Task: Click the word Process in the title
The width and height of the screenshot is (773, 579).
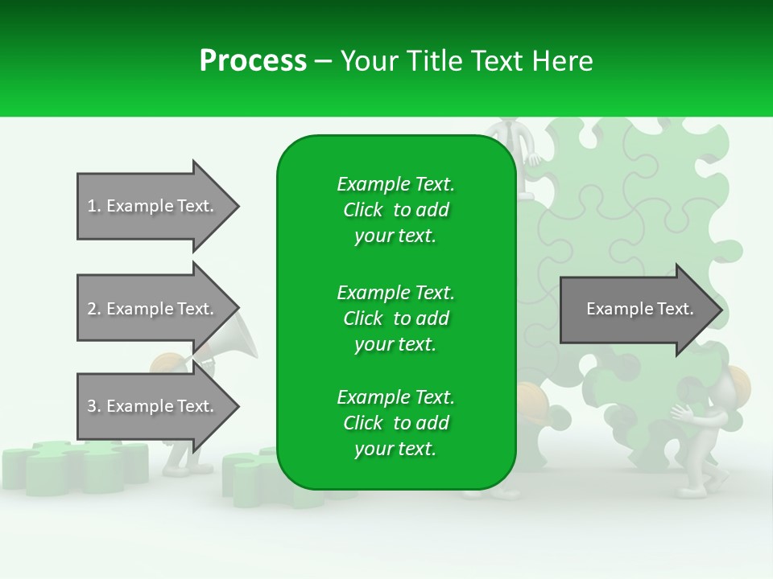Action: click(253, 61)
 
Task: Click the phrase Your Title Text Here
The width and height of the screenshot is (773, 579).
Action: click(467, 61)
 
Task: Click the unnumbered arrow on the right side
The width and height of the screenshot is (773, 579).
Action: click(636, 309)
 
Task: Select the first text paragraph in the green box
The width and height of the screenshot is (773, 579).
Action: click(395, 210)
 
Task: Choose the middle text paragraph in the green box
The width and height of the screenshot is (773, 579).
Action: click(395, 318)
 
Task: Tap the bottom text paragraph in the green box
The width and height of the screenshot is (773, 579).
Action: click(395, 423)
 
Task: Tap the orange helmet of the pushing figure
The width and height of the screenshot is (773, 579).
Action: click(738, 384)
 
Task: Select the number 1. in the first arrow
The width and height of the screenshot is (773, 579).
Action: click(94, 206)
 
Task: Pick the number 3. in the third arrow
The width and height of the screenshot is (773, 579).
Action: click(94, 406)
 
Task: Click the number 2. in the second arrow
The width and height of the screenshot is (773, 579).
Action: click(94, 309)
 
